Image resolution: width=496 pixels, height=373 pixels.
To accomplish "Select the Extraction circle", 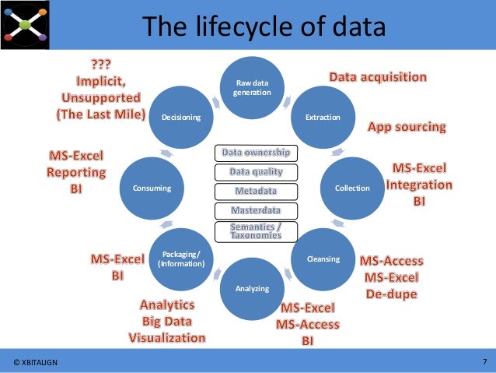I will coord(323,117).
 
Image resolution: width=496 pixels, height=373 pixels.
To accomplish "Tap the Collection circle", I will coord(352,188).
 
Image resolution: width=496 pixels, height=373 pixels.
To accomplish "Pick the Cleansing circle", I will coord(323,258).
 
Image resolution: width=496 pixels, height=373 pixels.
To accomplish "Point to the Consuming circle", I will coord(152,188).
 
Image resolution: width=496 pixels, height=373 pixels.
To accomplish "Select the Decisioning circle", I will coord(181,117).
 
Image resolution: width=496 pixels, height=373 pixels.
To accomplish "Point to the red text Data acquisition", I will coord(378,77).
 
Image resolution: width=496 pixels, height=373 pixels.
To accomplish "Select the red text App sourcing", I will coord(407,126).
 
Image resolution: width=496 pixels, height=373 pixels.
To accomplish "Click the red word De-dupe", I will coord(391,294).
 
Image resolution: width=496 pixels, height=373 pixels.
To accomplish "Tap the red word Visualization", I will coord(167,337).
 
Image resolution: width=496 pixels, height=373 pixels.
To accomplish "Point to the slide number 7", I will coord(484,361).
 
